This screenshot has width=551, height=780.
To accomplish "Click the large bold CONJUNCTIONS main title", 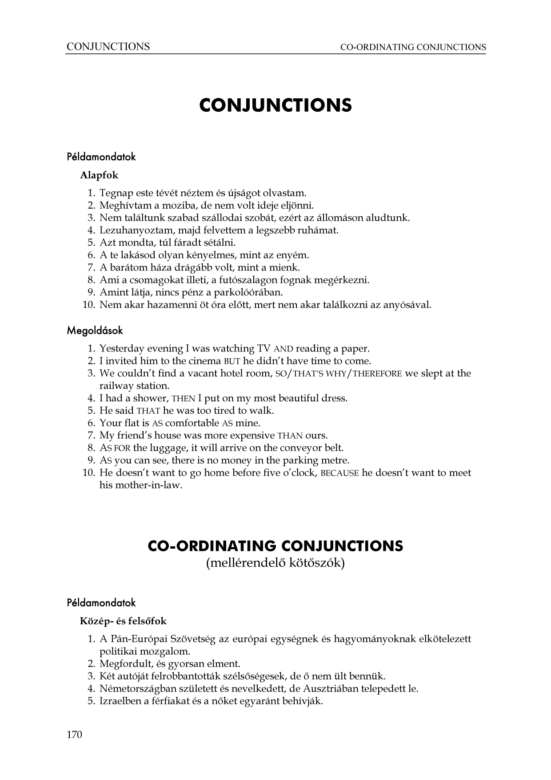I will tap(275, 105).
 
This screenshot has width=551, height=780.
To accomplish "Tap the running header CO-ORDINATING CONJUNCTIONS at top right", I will tap(413, 47).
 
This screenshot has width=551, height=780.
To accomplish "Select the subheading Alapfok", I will tap(99, 175).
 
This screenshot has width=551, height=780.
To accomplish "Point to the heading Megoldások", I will tap(95, 331).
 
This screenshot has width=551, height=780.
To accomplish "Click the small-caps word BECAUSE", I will tap(339, 473).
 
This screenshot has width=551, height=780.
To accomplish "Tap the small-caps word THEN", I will tap(184, 399).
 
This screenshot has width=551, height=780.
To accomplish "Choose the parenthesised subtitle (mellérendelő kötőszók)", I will tap(275, 563).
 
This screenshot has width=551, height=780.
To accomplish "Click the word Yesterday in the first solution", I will tap(119, 349).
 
